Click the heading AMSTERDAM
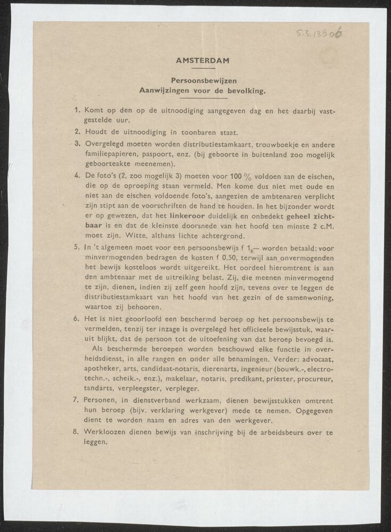point(202,60)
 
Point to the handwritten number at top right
point(319,35)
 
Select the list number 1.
point(77,111)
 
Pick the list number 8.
point(77,432)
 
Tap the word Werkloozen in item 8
point(107,432)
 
